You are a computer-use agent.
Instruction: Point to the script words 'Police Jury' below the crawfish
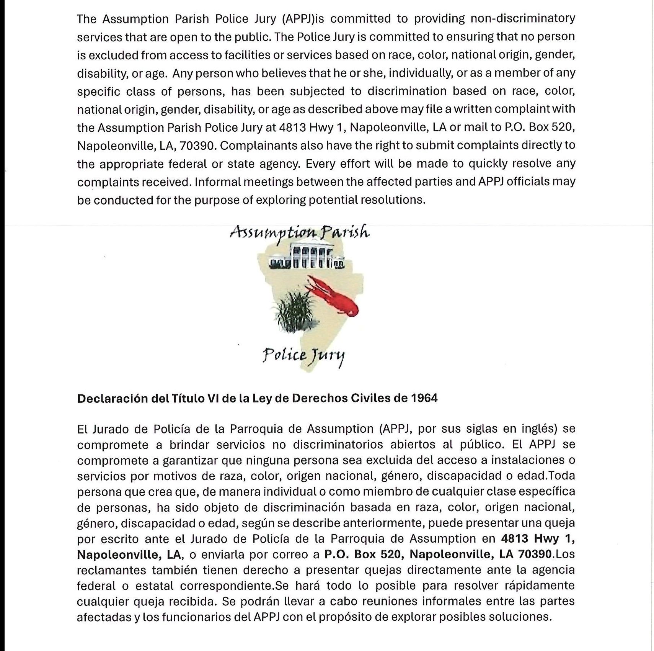303,356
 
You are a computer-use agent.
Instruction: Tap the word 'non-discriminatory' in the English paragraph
522,19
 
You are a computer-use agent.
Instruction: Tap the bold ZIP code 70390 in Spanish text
535,554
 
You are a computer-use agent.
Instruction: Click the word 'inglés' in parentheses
538,429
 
